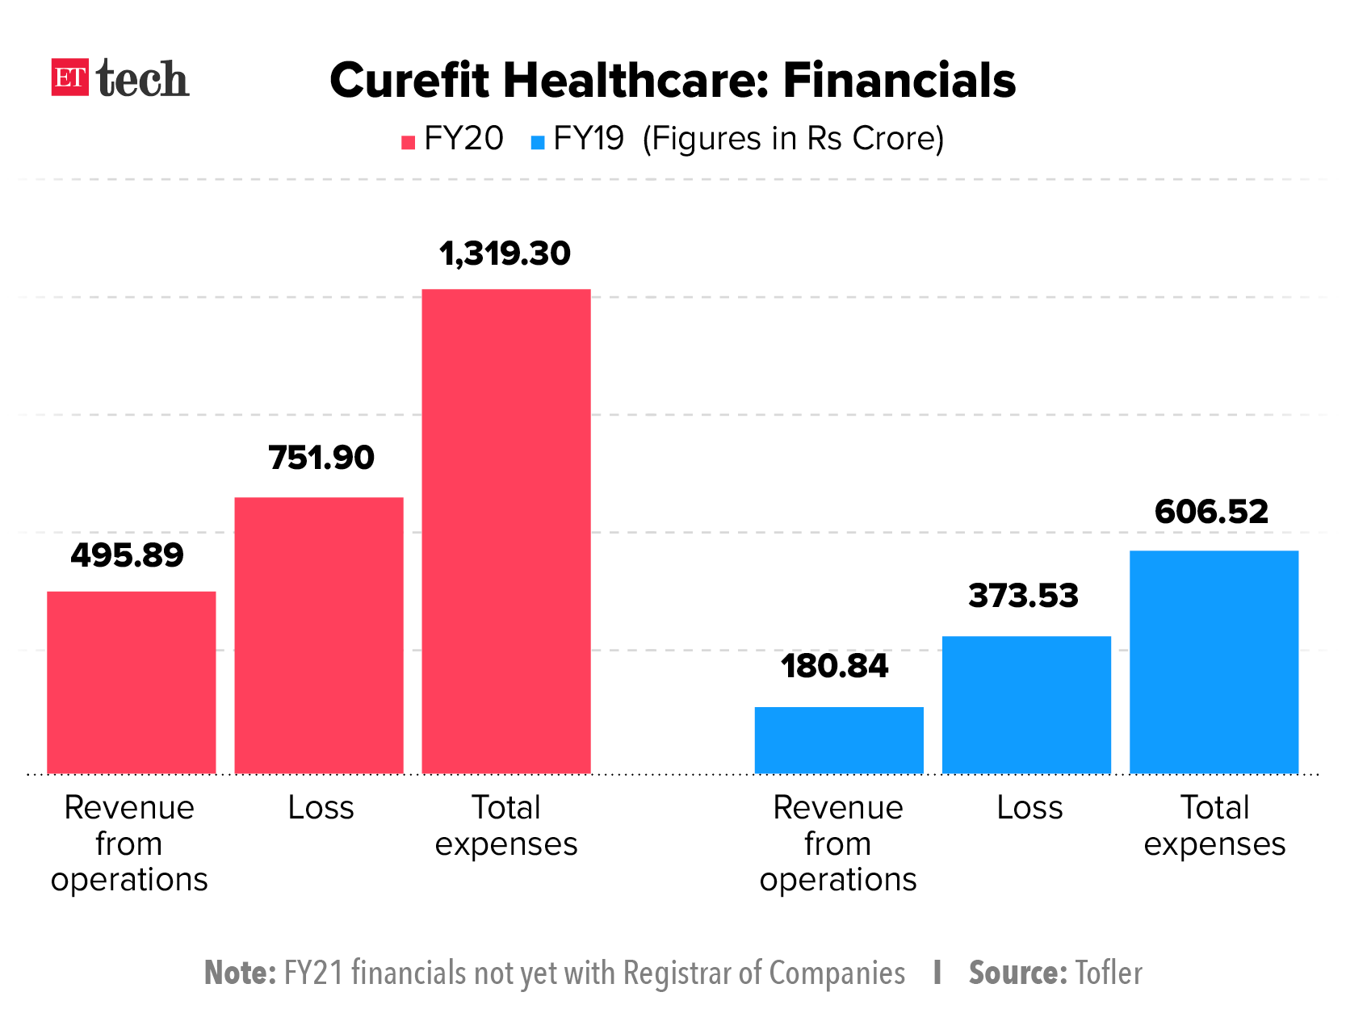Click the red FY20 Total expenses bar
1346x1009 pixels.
(506, 531)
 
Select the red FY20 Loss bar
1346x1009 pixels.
(319, 635)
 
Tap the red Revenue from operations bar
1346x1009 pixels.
(132, 682)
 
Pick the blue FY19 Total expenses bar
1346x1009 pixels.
(1214, 662)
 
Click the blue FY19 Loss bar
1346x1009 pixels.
(1026, 705)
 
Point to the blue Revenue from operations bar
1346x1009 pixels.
(839, 740)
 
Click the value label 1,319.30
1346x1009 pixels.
(505, 253)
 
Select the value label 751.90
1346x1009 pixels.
(321, 458)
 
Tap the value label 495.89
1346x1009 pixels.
(128, 555)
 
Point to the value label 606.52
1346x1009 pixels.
(1211, 512)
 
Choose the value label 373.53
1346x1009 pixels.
(1023, 596)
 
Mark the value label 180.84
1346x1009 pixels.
(834, 666)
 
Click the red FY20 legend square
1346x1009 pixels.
(409, 143)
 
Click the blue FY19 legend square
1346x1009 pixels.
(538, 143)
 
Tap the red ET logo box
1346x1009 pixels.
(69, 77)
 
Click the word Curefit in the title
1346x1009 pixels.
(409, 81)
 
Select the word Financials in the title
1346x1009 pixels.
(899, 81)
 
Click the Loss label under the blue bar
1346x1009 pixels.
(1029, 807)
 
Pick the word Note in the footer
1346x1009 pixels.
(240, 973)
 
